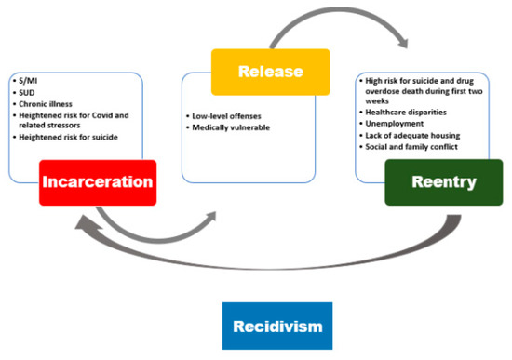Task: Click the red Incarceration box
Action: click(x=97, y=182)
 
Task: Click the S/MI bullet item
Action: click(x=30, y=81)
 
